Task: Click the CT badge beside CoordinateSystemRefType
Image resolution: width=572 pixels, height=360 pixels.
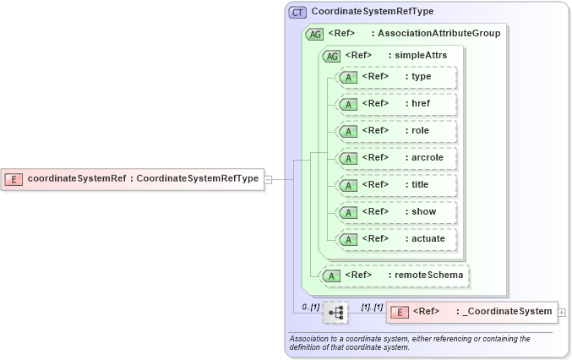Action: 297,13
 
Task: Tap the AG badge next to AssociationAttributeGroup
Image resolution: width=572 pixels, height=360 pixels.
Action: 313,34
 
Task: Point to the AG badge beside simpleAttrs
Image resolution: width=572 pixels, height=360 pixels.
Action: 330,56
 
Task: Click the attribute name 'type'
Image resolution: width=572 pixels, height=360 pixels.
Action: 420,77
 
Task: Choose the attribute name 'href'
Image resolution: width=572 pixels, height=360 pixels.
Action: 420,104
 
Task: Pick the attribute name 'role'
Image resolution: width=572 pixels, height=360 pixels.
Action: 420,131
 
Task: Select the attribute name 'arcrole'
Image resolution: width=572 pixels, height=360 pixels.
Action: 427,158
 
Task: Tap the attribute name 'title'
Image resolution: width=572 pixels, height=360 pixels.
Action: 420,185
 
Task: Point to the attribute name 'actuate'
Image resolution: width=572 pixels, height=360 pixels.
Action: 427,239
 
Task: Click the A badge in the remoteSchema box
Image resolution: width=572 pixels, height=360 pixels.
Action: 331,275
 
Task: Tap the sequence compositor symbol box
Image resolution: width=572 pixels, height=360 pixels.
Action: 335,313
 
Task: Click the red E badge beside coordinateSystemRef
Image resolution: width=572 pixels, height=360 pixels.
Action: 14,179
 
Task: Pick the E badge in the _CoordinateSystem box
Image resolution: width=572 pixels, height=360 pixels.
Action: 400,313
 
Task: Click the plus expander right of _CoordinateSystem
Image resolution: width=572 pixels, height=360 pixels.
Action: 563,313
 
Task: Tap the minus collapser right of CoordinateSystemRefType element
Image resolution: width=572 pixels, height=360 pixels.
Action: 268,179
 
